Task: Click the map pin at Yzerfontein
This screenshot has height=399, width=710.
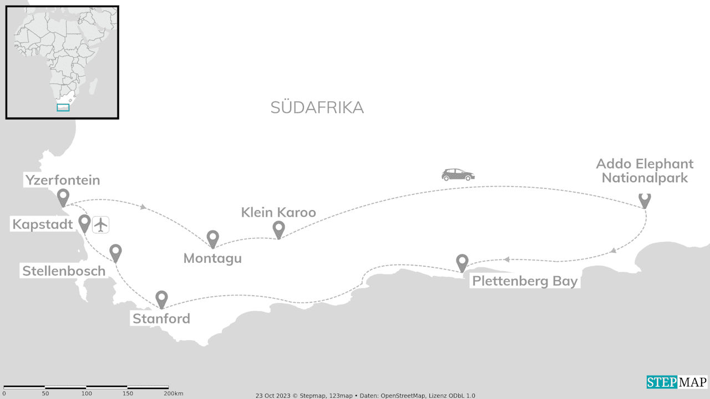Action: pyautogui.click(x=63, y=197)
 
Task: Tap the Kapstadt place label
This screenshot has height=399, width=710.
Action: pyautogui.click(x=43, y=225)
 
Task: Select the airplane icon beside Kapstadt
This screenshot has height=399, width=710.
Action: pyautogui.click(x=100, y=225)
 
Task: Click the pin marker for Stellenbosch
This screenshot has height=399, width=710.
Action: pyautogui.click(x=115, y=252)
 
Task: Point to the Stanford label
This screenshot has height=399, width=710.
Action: pyautogui.click(x=161, y=318)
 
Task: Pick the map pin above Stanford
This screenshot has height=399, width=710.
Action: pyautogui.click(x=161, y=298)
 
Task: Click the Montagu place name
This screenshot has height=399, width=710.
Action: pyautogui.click(x=212, y=258)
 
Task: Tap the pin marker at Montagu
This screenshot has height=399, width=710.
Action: pyautogui.click(x=213, y=238)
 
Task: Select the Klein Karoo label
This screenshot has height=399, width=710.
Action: pyautogui.click(x=278, y=212)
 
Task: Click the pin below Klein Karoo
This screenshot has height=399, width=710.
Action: pyautogui.click(x=278, y=228)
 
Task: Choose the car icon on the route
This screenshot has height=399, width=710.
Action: pyautogui.click(x=458, y=174)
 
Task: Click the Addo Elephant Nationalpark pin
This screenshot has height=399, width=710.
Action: pyautogui.click(x=645, y=199)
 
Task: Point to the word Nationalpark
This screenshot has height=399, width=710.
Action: pyautogui.click(x=645, y=178)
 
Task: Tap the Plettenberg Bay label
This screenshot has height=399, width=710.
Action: pyautogui.click(x=525, y=281)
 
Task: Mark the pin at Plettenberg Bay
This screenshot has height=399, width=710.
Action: pyautogui.click(x=462, y=262)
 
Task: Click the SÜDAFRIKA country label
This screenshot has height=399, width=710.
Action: pyautogui.click(x=317, y=108)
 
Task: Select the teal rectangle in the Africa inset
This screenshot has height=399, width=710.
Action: pyautogui.click(x=63, y=107)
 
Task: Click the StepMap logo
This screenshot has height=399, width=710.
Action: pyautogui.click(x=677, y=382)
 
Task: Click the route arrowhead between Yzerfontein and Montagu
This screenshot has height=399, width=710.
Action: pyautogui.click(x=144, y=207)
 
